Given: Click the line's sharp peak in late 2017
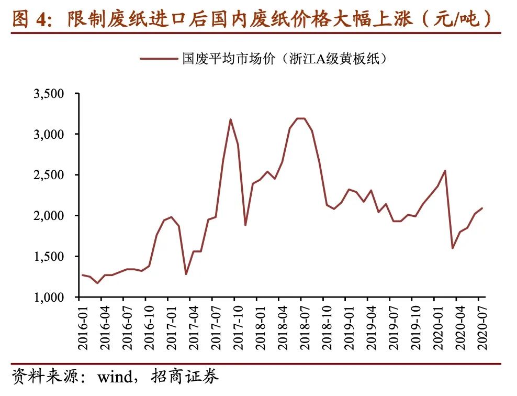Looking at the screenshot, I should (231, 119).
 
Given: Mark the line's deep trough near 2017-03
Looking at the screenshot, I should (186, 274).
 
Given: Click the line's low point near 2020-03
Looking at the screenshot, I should (452, 248).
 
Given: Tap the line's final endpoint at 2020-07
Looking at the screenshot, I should (482, 208).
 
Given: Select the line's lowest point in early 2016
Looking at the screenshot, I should (97, 283).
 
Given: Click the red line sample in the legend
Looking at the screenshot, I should (158, 59).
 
